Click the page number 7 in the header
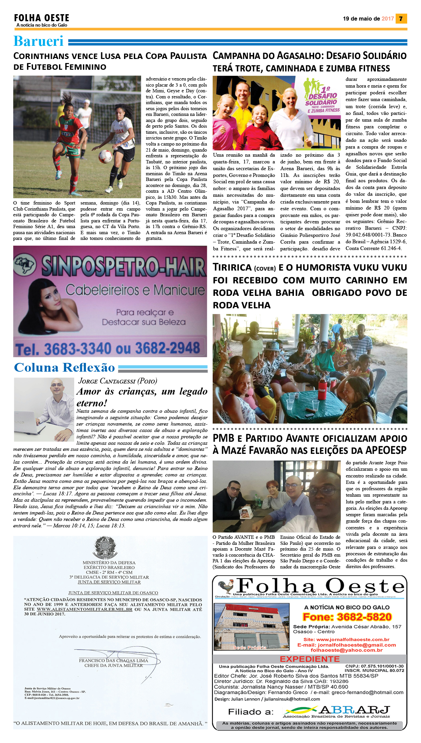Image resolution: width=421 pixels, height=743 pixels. click(401, 19)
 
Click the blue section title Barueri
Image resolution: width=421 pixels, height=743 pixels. click(38, 41)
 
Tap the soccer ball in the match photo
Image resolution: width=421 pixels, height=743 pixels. click(105, 156)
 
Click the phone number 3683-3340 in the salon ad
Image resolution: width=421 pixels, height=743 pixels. click(78, 348)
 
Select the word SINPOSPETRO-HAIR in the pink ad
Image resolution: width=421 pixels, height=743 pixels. click(123, 267)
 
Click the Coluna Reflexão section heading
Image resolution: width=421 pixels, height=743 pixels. click(64, 368)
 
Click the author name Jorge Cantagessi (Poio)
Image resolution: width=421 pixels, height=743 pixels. click(118, 381)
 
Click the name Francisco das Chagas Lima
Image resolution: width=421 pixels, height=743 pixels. click(114, 660)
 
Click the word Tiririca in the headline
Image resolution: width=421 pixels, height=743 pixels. click(232, 268)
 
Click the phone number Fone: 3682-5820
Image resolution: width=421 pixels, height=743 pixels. click(347, 617)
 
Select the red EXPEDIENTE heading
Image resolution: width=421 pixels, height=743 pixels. click(310, 659)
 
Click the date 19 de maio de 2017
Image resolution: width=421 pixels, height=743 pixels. click(368, 19)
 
